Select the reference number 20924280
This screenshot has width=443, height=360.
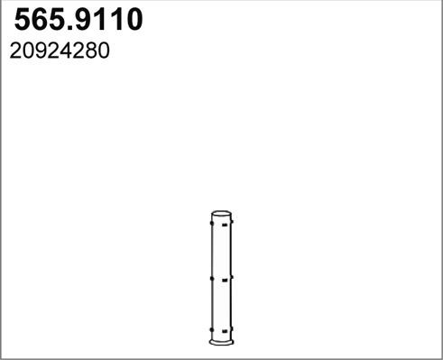[60, 51]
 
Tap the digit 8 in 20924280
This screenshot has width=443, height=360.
[91, 51]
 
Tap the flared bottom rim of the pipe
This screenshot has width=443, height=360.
[221, 340]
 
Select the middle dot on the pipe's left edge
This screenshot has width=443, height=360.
[211, 279]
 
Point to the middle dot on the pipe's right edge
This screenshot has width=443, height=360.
[232, 278]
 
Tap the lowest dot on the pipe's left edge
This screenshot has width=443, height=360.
[211, 331]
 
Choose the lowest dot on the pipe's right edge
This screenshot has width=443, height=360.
[232, 330]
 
